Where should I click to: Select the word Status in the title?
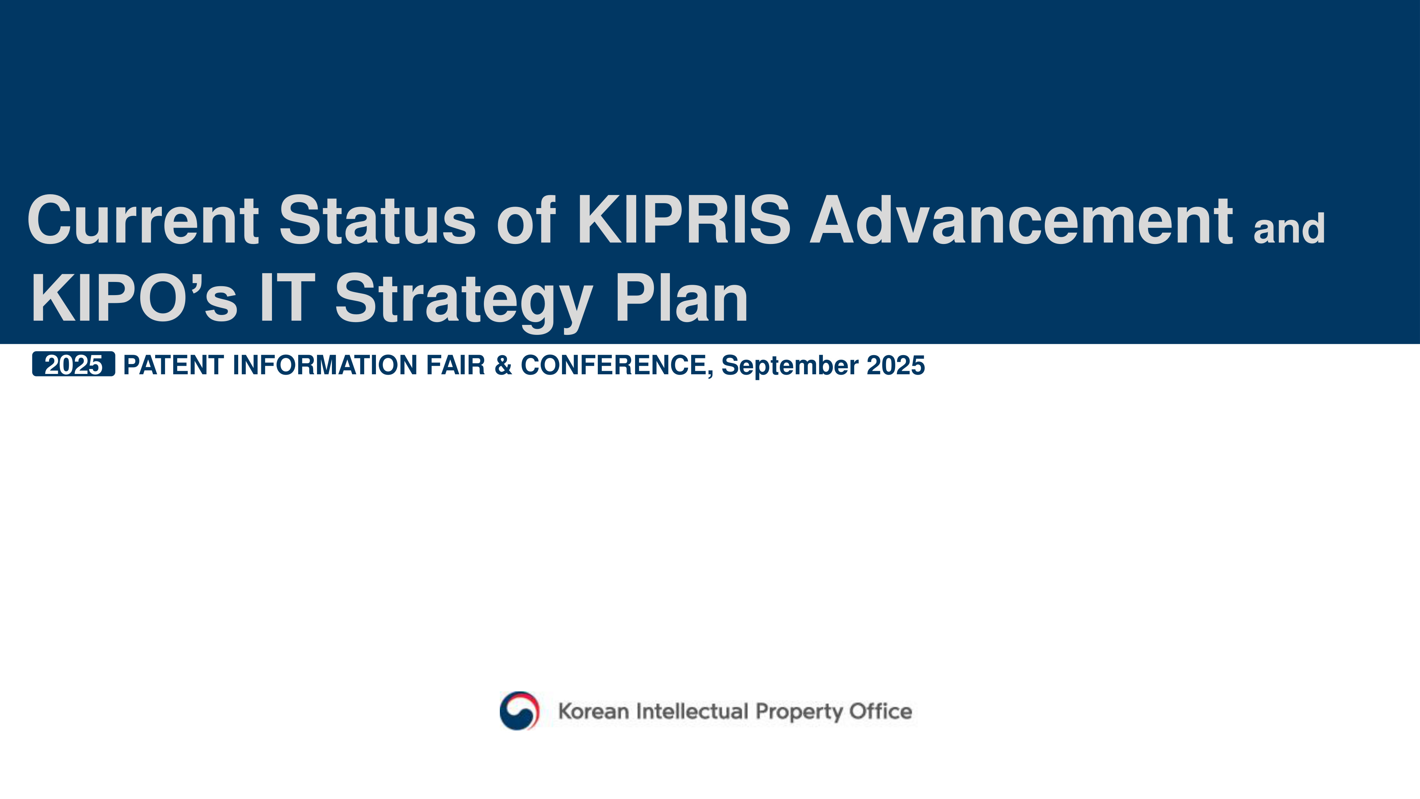click(378, 219)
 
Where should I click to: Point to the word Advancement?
click(1021, 219)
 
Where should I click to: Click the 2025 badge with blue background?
click(73, 364)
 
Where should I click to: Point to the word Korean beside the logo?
click(594, 711)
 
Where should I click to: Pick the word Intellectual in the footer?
click(692, 711)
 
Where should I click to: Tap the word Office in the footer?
click(881, 711)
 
